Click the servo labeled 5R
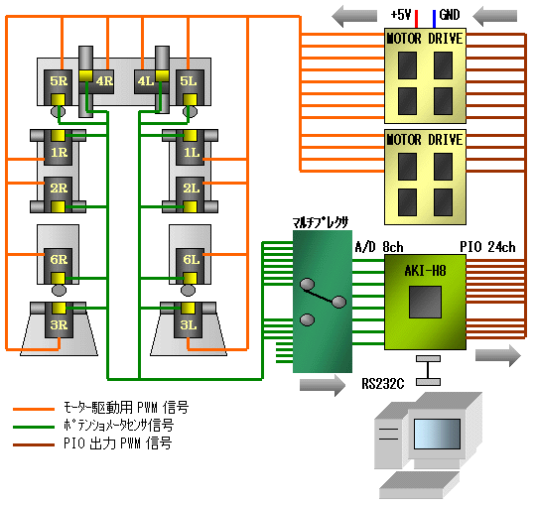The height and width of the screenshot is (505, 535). tap(58, 80)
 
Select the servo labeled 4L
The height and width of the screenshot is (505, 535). tap(146, 80)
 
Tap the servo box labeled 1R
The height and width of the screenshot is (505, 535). tap(59, 154)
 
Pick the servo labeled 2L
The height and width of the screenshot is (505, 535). tap(191, 188)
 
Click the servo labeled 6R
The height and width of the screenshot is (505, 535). tap(59, 260)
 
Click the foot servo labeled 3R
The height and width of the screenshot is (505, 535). tap(59, 323)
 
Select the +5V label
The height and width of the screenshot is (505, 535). tap(401, 15)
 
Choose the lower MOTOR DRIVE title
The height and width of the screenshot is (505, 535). tap(424, 140)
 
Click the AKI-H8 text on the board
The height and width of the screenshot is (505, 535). tap(424, 270)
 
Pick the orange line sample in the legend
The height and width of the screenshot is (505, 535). tap(34, 407)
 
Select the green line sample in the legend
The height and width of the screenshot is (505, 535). tap(34, 425)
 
